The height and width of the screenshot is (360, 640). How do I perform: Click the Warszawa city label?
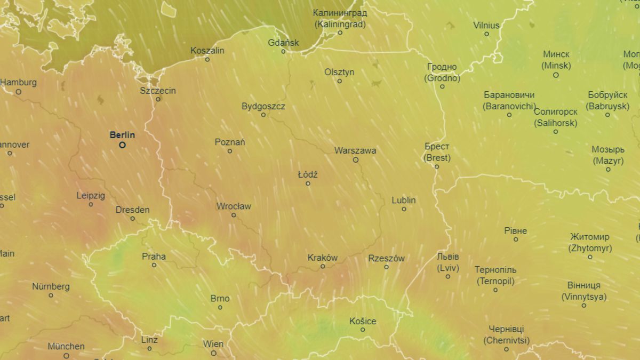coord(355,150)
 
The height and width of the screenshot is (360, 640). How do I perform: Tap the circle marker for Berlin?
coord(122,145)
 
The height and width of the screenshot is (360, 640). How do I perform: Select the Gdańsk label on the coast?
coord(283,43)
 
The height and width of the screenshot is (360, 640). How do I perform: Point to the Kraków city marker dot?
coord(322,266)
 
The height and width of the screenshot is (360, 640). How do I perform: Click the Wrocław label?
coord(234,206)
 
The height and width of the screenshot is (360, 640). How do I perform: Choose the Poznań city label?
coord(230,142)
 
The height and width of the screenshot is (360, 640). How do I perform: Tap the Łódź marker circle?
coord(308,183)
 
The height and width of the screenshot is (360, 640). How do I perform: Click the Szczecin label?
coord(158,91)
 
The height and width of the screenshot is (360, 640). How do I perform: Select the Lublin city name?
coord(404,201)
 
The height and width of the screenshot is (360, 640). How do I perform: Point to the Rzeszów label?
coord(386,258)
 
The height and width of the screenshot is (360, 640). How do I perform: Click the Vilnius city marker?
coord(486,34)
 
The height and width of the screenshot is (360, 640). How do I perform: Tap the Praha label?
coord(154,257)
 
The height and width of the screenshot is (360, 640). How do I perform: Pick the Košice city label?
coord(363,321)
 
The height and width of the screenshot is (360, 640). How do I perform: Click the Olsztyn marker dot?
coord(339,81)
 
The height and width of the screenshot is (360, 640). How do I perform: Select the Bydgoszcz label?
coord(263,106)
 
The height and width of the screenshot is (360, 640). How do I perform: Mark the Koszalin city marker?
coord(207,59)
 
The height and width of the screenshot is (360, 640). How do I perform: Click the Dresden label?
coord(133,210)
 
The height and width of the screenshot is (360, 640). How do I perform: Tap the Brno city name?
coord(220,299)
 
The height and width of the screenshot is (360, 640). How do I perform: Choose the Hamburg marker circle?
coord(18,91)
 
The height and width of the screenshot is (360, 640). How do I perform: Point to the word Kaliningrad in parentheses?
coord(340,24)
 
